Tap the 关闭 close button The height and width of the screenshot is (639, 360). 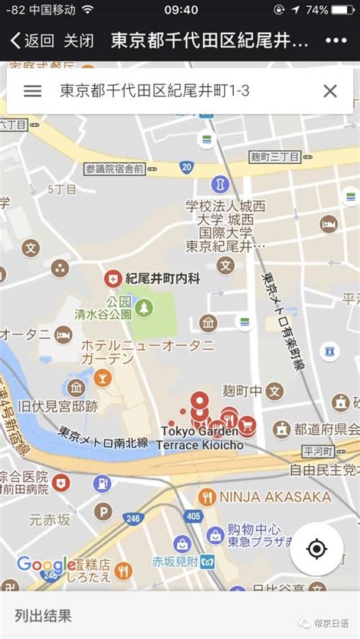point(79,41)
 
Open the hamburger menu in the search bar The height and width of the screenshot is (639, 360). point(33,91)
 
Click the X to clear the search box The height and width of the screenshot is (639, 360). point(330,91)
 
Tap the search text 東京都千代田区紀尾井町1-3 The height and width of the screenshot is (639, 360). point(154,91)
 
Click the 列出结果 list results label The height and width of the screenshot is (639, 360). point(43,615)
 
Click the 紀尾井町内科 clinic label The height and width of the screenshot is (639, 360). point(163,279)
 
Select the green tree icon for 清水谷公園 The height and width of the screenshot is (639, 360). point(144,307)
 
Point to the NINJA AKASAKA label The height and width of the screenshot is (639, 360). point(275,497)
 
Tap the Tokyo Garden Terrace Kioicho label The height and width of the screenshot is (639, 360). point(201,438)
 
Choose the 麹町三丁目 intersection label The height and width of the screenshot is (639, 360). point(274,156)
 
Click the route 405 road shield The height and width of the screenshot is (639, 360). point(192,517)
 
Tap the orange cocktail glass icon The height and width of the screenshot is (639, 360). point(102,377)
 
